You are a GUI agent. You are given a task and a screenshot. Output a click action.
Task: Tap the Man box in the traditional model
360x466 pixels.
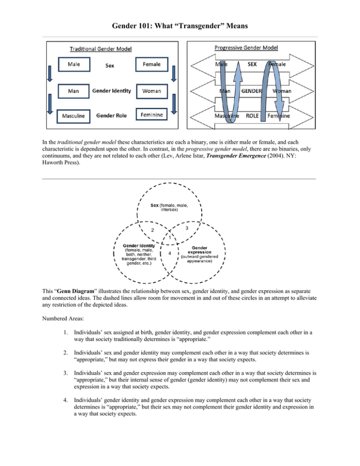[x=73, y=91]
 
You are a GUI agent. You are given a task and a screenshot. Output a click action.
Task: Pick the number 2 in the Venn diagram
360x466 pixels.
[x=152, y=230]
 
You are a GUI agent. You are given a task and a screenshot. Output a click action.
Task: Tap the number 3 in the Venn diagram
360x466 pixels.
[x=187, y=228]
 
